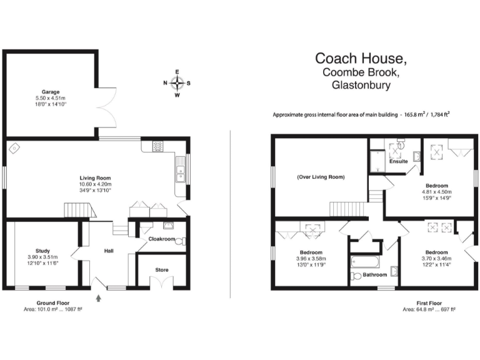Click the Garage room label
tap(51, 91)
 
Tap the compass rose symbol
tap(177, 83)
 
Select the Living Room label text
tap(95, 177)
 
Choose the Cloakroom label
tap(161, 239)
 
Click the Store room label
tap(161, 270)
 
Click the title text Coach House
tap(361, 59)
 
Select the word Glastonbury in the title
tap(361, 86)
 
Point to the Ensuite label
tap(399, 161)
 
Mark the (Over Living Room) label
tap(320, 177)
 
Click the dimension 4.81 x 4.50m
tap(437, 191)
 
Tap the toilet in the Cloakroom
tap(179, 241)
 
